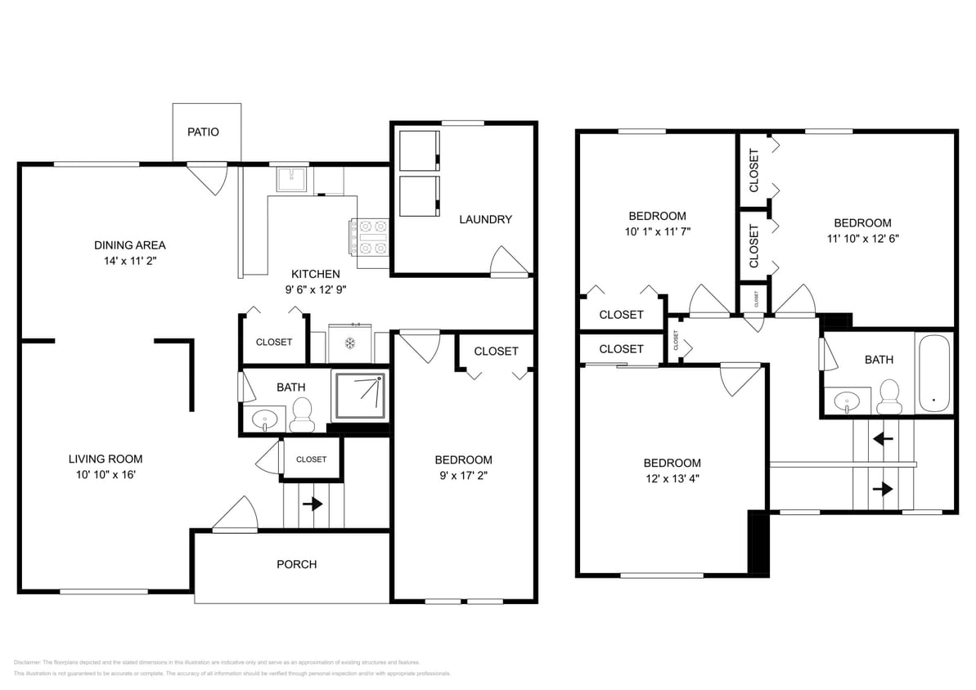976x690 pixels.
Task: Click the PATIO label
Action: click(203, 132)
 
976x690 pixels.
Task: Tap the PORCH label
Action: click(296, 564)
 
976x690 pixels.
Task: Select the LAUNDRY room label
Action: click(485, 219)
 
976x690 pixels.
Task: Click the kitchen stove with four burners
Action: click(371, 237)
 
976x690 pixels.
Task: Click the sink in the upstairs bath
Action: click(848, 401)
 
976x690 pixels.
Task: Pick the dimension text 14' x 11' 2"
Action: click(129, 262)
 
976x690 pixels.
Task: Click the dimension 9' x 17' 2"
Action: click(463, 477)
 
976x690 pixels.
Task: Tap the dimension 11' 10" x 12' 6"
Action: click(862, 239)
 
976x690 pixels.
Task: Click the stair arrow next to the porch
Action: click(312, 504)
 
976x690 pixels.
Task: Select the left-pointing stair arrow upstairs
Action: click(883, 439)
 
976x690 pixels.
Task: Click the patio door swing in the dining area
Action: click(209, 177)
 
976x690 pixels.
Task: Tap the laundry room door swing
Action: click(507, 262)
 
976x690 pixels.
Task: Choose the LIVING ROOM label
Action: click(105, 459)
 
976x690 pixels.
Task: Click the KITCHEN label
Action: click(316, 274)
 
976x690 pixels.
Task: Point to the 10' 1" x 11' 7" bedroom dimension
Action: click(657, 232)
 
